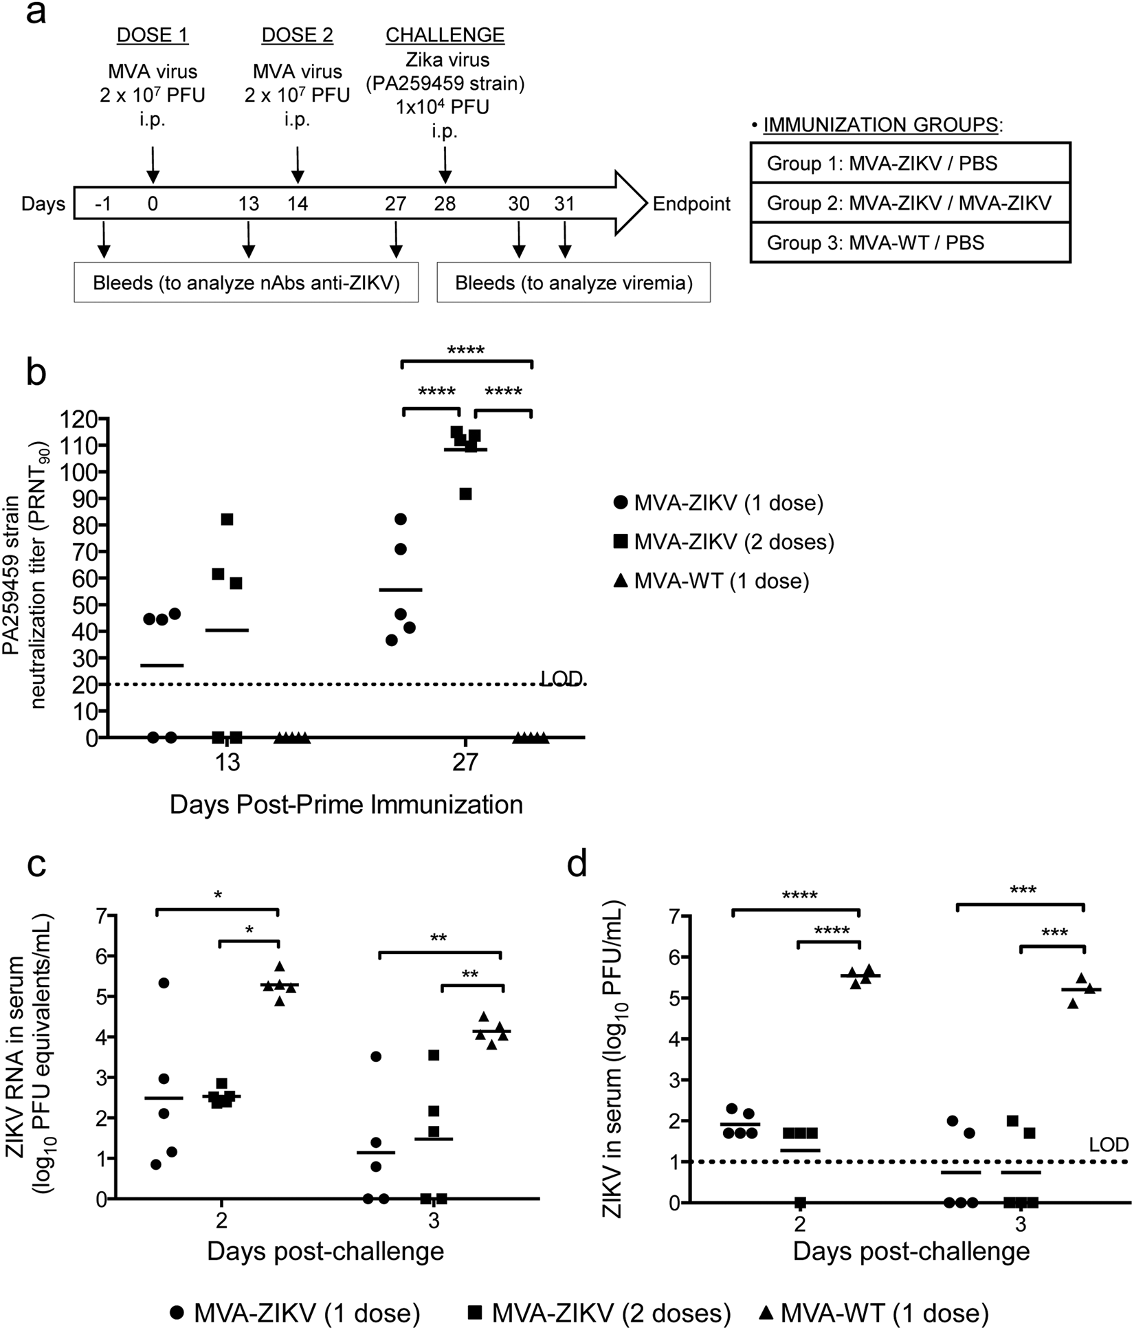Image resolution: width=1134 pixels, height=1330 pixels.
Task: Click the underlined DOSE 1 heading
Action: (x=153, y=35)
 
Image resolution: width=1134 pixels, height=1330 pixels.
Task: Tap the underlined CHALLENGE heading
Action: (x=445, y=35)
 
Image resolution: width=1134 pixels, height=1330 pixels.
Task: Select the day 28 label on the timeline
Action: (x=445, y=203)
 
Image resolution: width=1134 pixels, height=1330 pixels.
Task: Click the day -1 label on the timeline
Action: (x=103, y=203)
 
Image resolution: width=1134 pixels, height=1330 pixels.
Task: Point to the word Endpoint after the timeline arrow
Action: (x=691, y=203)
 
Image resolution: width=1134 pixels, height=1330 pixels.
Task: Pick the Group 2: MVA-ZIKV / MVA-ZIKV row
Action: (x=909, y=203)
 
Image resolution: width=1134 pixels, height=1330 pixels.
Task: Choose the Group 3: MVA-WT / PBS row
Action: (x=909, y=243)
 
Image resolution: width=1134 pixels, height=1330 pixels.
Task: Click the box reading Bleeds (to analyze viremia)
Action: (x=573, y=282)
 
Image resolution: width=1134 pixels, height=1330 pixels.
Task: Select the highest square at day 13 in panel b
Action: (x=227, y=520)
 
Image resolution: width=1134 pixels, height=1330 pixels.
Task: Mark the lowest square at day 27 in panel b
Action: (x=465, y=494)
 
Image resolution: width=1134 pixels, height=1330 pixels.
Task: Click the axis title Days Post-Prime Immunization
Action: (x=346, y=803)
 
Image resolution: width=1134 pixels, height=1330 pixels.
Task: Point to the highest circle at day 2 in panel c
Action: (x=164, y=983)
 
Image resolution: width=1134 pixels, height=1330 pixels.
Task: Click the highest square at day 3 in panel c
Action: (x=433, y=1055)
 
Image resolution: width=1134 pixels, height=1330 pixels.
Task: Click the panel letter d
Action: (x=577, y=865)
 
